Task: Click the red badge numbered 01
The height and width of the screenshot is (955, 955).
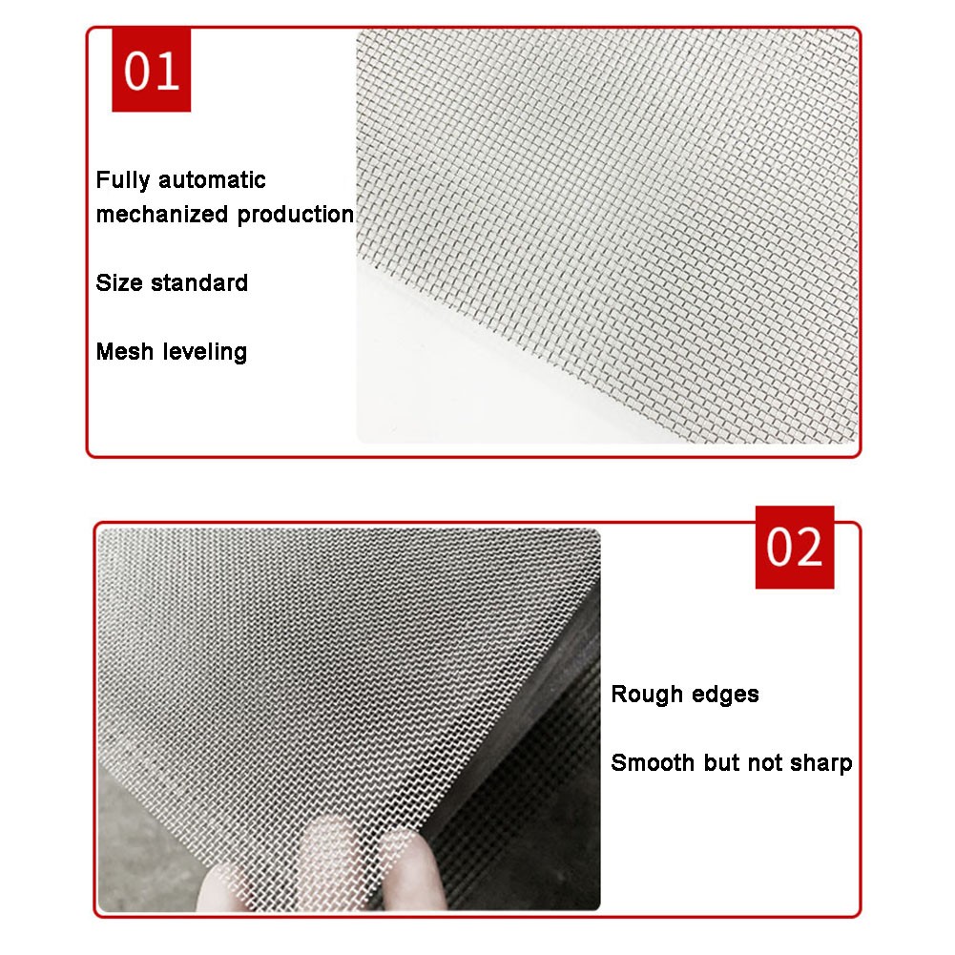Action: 151,70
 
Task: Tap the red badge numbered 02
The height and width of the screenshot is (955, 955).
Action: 794,547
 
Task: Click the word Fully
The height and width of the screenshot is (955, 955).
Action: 122,180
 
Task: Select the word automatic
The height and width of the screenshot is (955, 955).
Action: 212,180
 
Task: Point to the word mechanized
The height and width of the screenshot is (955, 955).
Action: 162,215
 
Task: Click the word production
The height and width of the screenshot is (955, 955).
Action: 296,215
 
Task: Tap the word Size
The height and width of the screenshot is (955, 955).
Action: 119,282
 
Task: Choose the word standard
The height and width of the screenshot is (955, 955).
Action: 199,282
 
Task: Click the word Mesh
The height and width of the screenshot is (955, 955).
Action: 125,351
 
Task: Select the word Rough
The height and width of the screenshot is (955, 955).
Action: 647,695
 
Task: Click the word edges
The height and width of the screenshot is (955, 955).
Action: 725,695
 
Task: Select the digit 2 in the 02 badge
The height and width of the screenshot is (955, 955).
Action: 808,547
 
